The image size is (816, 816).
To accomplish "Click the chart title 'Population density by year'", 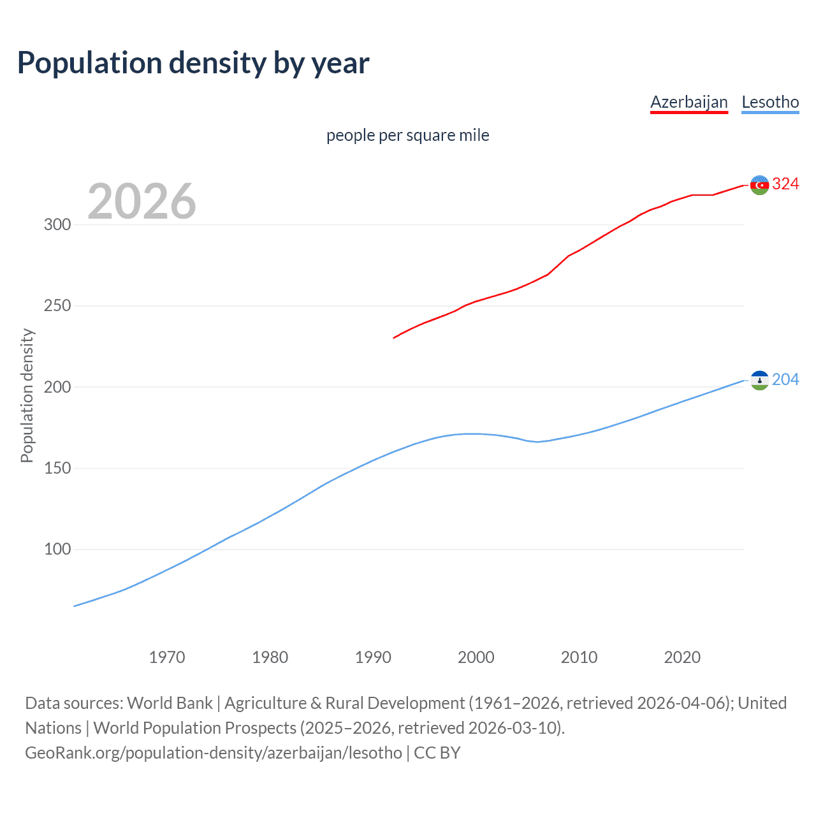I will click(193, 63).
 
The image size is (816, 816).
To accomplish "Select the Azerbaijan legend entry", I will click(688, 102).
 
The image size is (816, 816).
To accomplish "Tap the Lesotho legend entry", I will click(770, 102).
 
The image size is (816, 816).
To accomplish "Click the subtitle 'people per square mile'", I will click(407, 135).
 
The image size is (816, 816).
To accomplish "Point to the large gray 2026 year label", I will click(142, 201).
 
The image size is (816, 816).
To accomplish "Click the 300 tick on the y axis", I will click(57, 224).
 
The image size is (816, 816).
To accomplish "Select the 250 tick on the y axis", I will click(57, 306).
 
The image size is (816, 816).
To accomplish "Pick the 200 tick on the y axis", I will click(57, 387).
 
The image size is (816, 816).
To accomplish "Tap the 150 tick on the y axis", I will click(57, 469).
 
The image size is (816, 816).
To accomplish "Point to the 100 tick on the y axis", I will click(57, 550).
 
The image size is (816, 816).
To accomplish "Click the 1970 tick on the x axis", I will click(167, 657).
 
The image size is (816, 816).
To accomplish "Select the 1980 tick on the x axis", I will click(270, 657).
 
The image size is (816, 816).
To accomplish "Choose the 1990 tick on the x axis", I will click(373, 657).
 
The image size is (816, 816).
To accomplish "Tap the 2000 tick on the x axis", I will click(476, 657).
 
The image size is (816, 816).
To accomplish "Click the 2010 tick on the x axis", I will click(579, 657).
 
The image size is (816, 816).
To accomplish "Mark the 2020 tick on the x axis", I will click(682, 657).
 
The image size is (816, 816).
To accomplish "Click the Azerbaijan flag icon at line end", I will click(759, 185).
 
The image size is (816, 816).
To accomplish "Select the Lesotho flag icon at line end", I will click(759, 381).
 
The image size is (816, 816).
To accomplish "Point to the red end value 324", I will click(785, 184).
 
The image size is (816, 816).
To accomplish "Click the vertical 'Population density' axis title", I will click(27, 395).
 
